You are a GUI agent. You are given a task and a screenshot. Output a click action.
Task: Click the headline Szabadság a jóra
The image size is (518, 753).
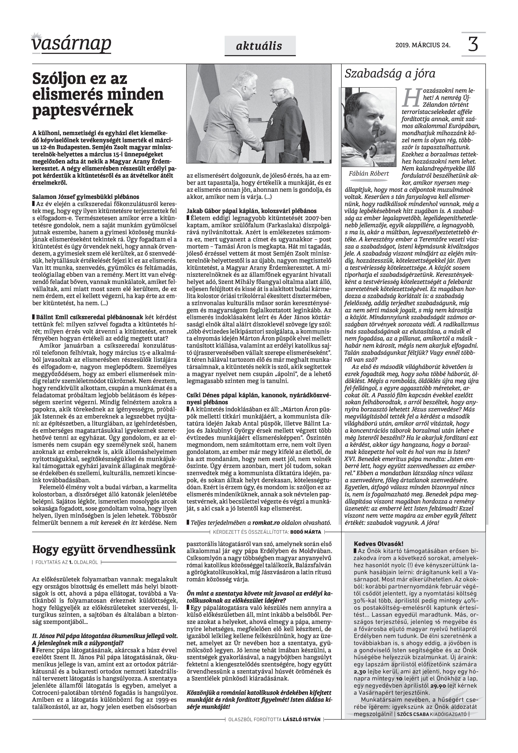[390, 74]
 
